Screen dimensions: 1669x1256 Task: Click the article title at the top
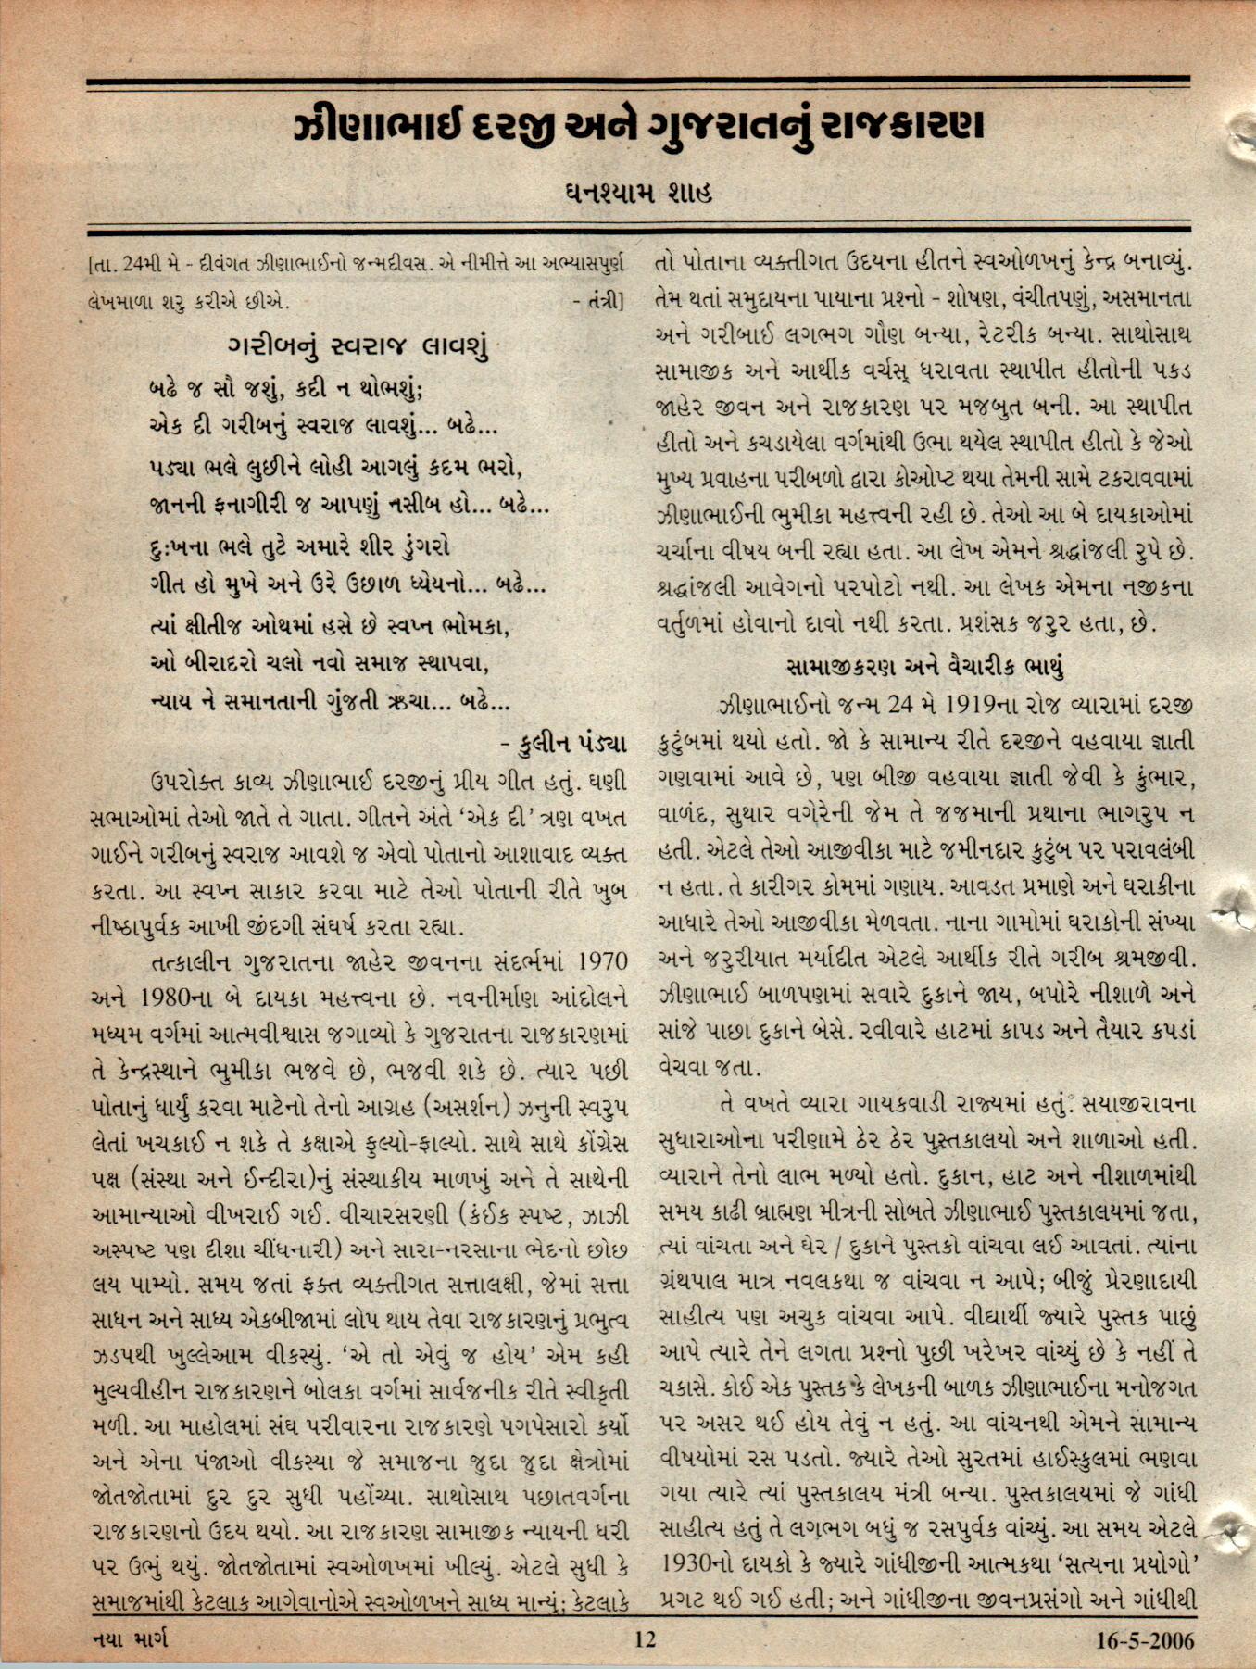[637, 127]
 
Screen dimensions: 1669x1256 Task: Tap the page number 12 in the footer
[644, 1639]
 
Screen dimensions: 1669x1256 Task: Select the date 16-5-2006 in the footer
[1145, 1640]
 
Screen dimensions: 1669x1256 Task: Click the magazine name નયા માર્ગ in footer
[131, 1639]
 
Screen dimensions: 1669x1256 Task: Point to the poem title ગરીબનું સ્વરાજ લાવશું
[358, 347]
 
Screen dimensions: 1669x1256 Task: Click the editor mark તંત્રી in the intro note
[606, 301]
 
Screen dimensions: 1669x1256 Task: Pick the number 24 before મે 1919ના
[899, 706]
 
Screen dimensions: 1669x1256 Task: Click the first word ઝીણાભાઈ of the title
[380, 127]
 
